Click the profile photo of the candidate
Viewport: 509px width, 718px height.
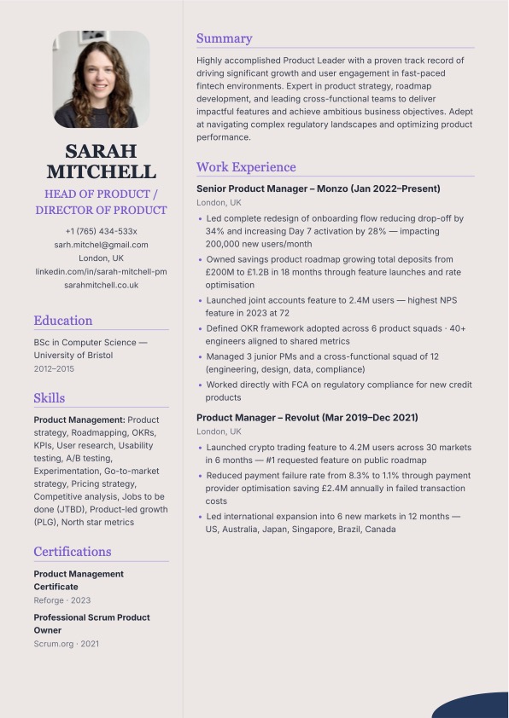click(101, 79)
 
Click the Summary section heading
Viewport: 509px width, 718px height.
click(224, 38)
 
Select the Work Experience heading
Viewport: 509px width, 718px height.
click(246, 167)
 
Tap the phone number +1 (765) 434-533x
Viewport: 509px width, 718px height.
click(101, 231)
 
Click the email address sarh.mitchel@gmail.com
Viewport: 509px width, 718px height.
click(101, 245)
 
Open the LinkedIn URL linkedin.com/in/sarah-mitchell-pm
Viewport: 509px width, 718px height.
click(101, 271)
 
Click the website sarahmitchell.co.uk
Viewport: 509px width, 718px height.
click(101, 285)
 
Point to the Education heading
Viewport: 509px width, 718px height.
click(63, 321)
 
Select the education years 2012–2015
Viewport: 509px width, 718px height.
click(54, 368)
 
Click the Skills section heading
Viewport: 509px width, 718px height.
click(50, 397)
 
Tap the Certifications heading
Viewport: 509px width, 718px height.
click(73, 551)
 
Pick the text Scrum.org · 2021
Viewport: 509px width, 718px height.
click(66, 643)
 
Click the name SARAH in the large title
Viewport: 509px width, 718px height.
click(101, 151)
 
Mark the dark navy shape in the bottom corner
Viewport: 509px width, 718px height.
click(474, 707)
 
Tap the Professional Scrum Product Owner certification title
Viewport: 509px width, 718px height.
click(91, 623)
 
